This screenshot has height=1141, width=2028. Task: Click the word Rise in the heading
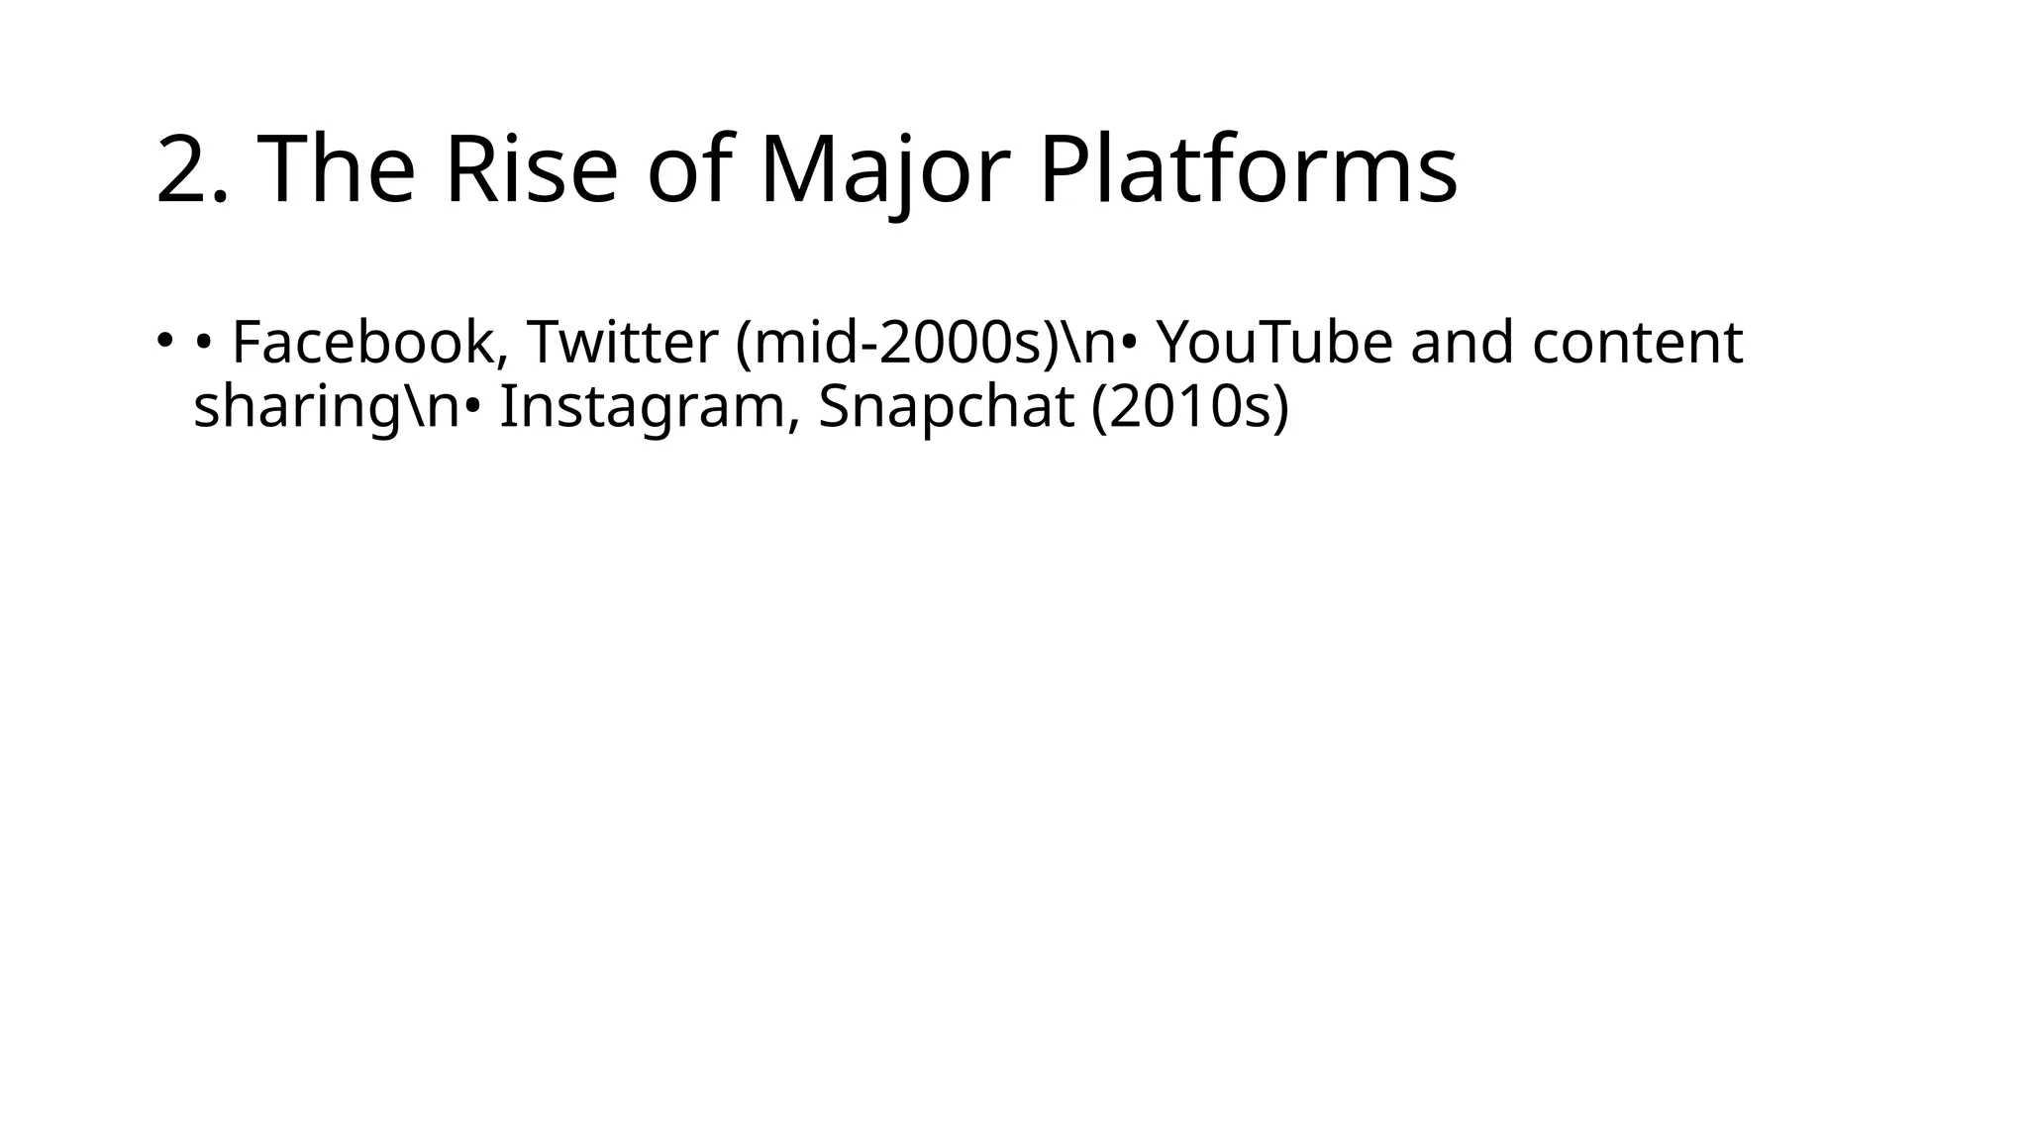(x=531, y=170)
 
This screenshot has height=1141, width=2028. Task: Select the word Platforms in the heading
(x=1248, y=170)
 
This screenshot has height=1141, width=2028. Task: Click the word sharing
(x=287, y=407)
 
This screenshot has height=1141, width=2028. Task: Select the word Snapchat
(x=946, y=407)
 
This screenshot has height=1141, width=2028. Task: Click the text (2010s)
(x=1189, y=407)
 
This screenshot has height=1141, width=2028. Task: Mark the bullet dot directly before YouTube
(x=1130, y=344)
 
